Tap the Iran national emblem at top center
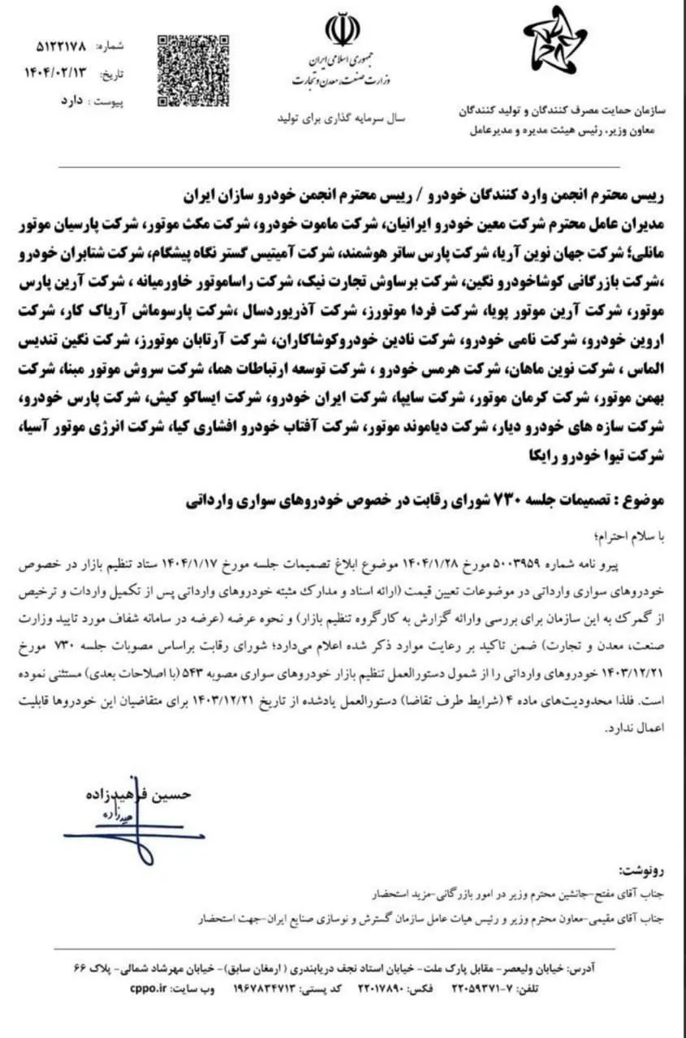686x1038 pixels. coord(342,30)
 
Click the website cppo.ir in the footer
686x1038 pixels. coord(146,989)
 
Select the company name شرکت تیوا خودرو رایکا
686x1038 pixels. coord(606,457)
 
